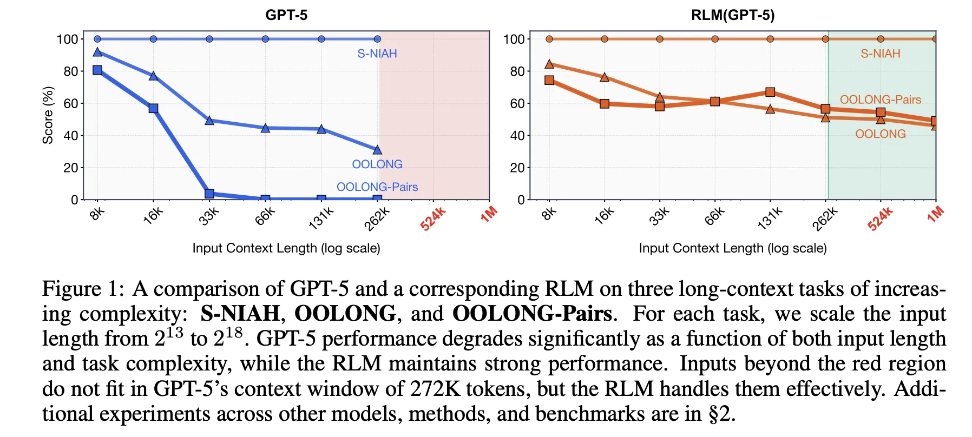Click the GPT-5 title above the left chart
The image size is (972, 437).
point(286,15)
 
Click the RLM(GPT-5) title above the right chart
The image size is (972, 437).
point(732,15)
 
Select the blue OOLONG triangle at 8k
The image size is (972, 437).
point(97,52)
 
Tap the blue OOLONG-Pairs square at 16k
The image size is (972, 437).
point(153,109)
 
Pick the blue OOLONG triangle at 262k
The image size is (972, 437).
point(377,149)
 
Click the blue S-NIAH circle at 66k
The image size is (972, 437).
point(265,39)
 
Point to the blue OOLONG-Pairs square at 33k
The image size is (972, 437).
point(209,194)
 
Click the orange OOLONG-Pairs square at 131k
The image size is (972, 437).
point(770,92)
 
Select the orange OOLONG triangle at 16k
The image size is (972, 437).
point(605,77)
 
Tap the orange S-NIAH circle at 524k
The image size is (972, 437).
point(881,39)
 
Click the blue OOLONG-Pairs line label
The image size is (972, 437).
point(377,187)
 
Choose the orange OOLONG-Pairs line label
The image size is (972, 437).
point(880,100)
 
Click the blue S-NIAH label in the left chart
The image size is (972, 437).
point(377,54)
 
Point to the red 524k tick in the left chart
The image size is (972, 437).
point(433,219)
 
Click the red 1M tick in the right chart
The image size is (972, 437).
point(935,214)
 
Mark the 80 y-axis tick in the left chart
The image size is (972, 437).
point(70,71)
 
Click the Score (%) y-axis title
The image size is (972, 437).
point(48,115)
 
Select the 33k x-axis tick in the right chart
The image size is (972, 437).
point(659,216)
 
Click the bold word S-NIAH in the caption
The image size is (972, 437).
point(240,314)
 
